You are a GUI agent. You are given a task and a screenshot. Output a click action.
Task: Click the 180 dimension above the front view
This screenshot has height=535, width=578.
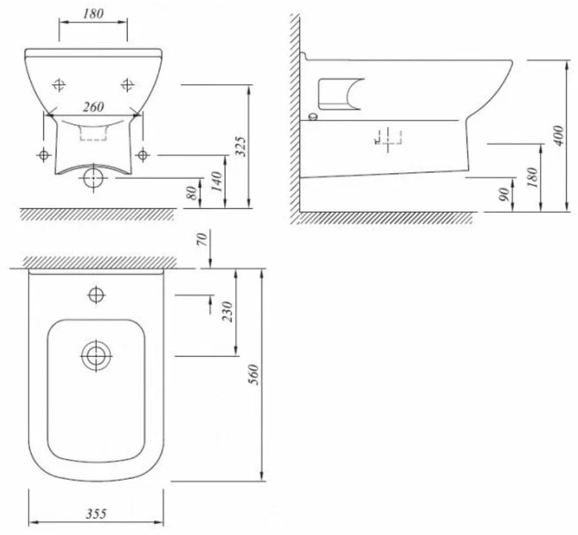tap(93, 14)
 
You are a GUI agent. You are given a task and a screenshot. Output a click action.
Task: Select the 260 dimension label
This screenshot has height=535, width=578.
tap(93, 107)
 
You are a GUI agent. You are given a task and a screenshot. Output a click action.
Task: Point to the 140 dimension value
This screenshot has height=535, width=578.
tap(217, 181)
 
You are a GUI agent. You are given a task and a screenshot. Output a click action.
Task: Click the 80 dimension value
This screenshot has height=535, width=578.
tap(192, 193)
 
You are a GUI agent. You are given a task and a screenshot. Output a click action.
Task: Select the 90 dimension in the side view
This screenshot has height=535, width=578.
tap(504, 194)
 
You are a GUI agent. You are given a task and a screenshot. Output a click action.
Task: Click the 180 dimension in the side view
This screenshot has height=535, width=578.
tap(532, 177)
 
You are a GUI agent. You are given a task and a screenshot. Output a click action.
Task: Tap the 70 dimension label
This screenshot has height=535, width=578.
tap(202, 239)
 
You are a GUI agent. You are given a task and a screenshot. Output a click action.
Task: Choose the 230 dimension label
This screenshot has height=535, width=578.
tap(228, 312)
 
